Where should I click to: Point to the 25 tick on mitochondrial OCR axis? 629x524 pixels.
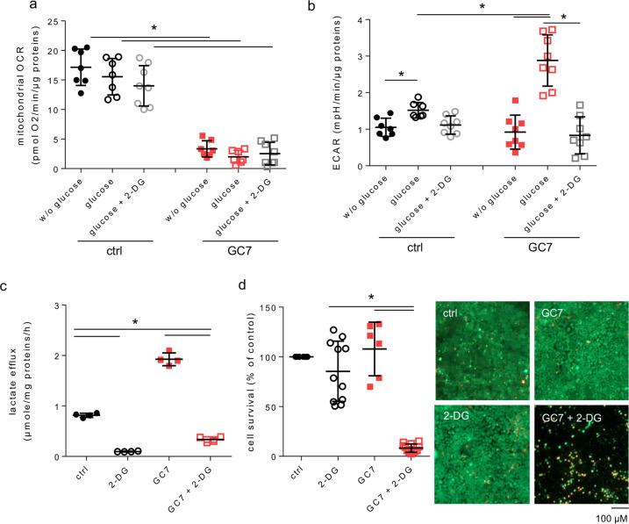tap(49, 21)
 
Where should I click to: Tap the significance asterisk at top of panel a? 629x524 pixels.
tap(154, 28)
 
